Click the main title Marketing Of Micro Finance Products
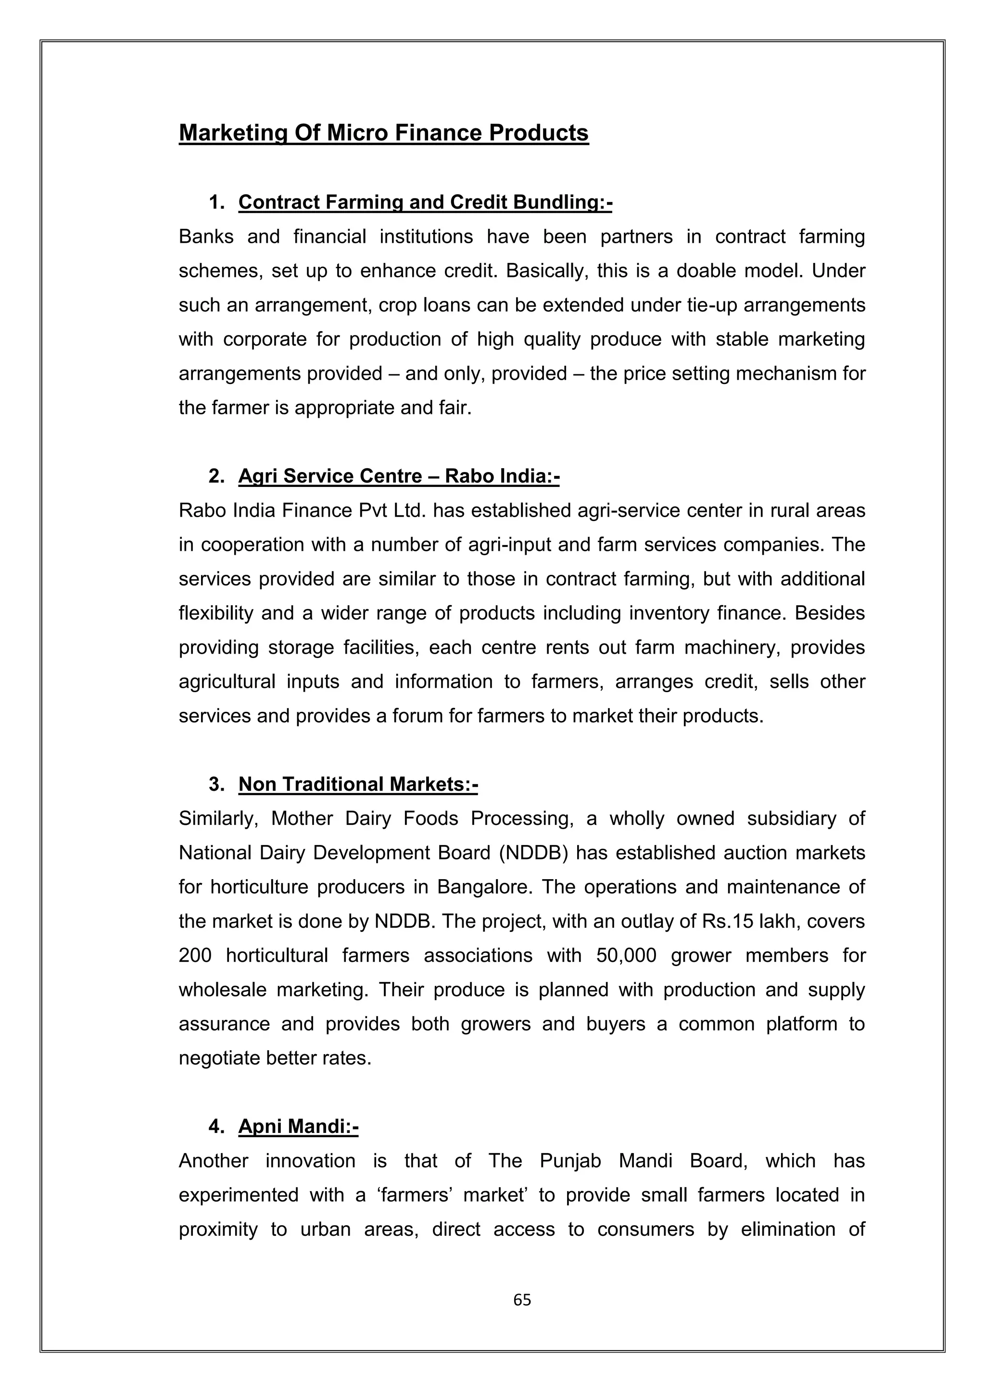383,133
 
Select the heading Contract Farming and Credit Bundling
425,202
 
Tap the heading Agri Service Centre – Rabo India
399,476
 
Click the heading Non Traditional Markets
358,784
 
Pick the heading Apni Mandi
298,1127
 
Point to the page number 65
522,1299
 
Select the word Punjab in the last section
570,1161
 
